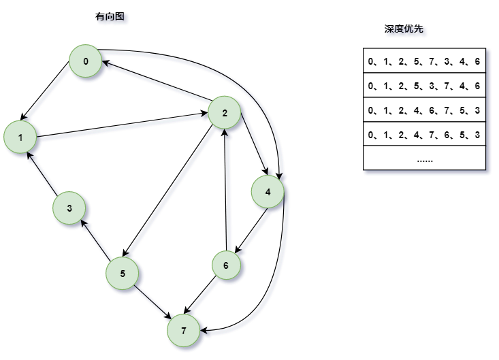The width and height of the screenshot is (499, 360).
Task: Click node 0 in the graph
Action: point(86,62)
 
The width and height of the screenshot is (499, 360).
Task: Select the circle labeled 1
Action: point(20,138)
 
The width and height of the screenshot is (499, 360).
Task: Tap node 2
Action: point(225,113)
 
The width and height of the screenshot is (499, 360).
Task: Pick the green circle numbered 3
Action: point(69,208)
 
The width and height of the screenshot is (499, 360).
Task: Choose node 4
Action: point(268,192)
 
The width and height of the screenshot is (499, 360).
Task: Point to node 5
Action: point(123,274)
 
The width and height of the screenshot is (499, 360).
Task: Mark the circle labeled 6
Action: point(225,265)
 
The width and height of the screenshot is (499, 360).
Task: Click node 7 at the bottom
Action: point(183,331)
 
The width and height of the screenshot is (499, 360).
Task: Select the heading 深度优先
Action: point(404,29)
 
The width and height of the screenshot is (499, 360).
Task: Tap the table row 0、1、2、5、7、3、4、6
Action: point(424,61)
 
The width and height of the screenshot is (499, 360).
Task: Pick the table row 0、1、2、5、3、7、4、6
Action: point(424,86)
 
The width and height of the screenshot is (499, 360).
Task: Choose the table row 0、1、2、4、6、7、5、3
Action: point(424,110)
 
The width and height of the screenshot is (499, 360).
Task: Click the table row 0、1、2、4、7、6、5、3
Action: point(424,135)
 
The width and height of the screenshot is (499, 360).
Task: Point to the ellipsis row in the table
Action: point(424,159)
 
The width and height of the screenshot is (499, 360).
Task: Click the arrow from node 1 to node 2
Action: point(123,126)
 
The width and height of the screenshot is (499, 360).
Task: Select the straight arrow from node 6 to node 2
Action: point(225,191)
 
